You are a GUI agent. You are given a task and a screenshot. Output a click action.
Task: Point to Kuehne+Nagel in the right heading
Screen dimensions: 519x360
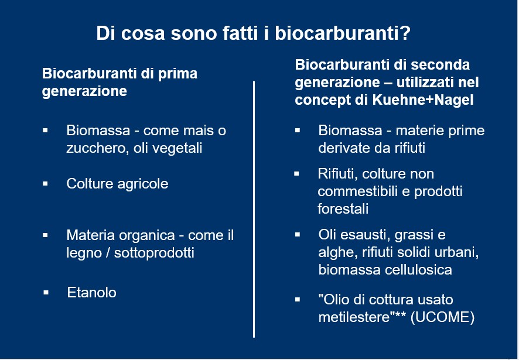tap(423, 100)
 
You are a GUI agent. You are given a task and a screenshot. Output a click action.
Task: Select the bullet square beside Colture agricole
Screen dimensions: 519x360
tap(45, 183)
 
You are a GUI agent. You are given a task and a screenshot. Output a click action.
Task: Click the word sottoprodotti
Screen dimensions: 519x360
tap(154, 253)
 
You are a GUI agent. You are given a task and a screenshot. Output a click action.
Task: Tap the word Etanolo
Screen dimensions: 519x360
tap(92, 293)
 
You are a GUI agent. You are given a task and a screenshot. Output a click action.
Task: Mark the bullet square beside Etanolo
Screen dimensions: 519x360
tap(46, 293)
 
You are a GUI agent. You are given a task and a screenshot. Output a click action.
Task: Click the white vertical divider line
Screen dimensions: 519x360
tap(254, 209)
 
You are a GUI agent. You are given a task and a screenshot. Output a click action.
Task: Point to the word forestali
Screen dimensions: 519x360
tap(343, 209)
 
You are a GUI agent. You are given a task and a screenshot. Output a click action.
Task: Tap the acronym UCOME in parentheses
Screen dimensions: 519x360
tap(442, 317)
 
